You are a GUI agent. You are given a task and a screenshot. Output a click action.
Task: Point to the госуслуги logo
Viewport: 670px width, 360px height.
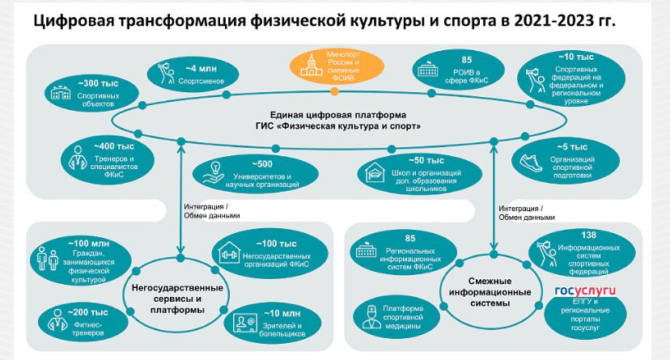click(x=583, y=290)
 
